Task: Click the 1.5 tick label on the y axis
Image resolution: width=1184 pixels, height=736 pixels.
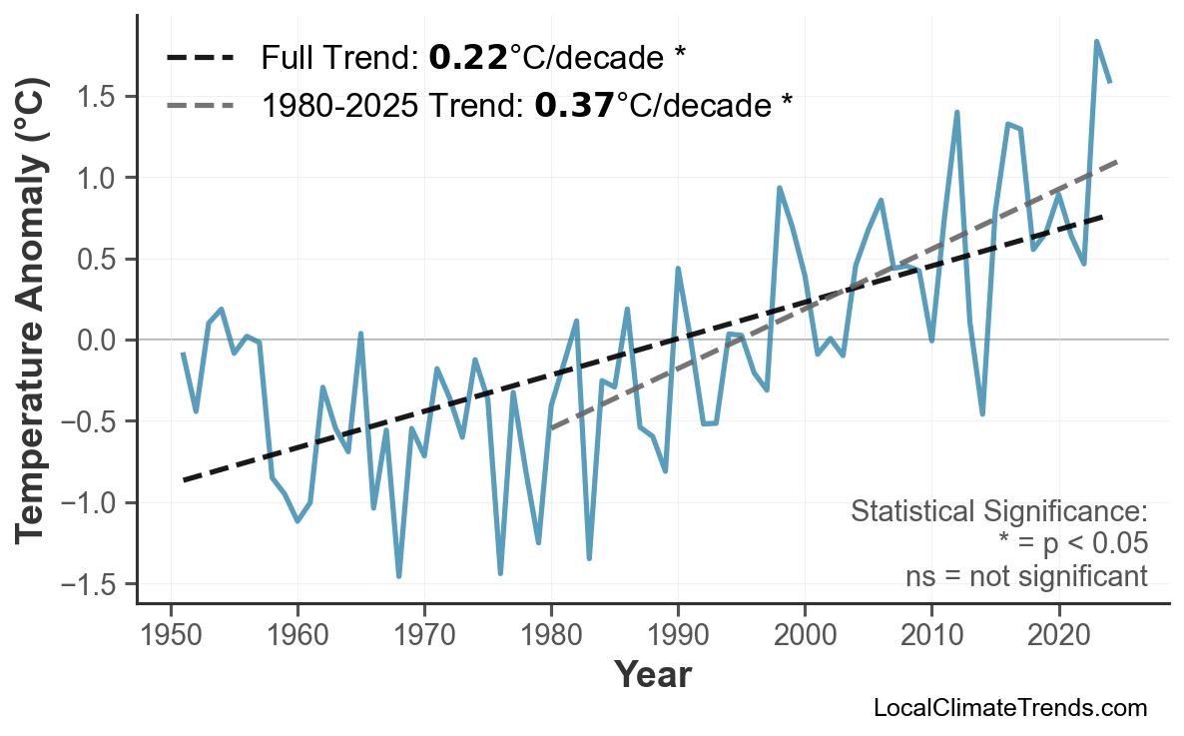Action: click(97, 97)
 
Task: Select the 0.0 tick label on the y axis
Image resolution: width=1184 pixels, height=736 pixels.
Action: click(97, 341)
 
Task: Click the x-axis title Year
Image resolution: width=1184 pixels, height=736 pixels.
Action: click(652, 675)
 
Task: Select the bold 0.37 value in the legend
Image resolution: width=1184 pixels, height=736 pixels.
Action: click(574, 104)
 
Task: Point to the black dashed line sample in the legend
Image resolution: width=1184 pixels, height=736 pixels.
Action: click(200, 58)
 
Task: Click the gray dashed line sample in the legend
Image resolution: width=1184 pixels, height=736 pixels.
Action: click(200, 104)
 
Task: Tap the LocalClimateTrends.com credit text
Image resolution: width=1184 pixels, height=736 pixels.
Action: click(1009, 708)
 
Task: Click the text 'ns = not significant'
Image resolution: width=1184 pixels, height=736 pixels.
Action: click(1025, 576)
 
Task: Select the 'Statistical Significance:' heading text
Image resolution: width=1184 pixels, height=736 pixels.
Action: click(998, 512)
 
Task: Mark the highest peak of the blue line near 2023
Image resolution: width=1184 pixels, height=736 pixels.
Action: click(1096, 42)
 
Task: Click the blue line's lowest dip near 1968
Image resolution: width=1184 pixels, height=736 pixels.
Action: click(399, 576)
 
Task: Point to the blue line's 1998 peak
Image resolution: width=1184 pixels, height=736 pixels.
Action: click(779, 188)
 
